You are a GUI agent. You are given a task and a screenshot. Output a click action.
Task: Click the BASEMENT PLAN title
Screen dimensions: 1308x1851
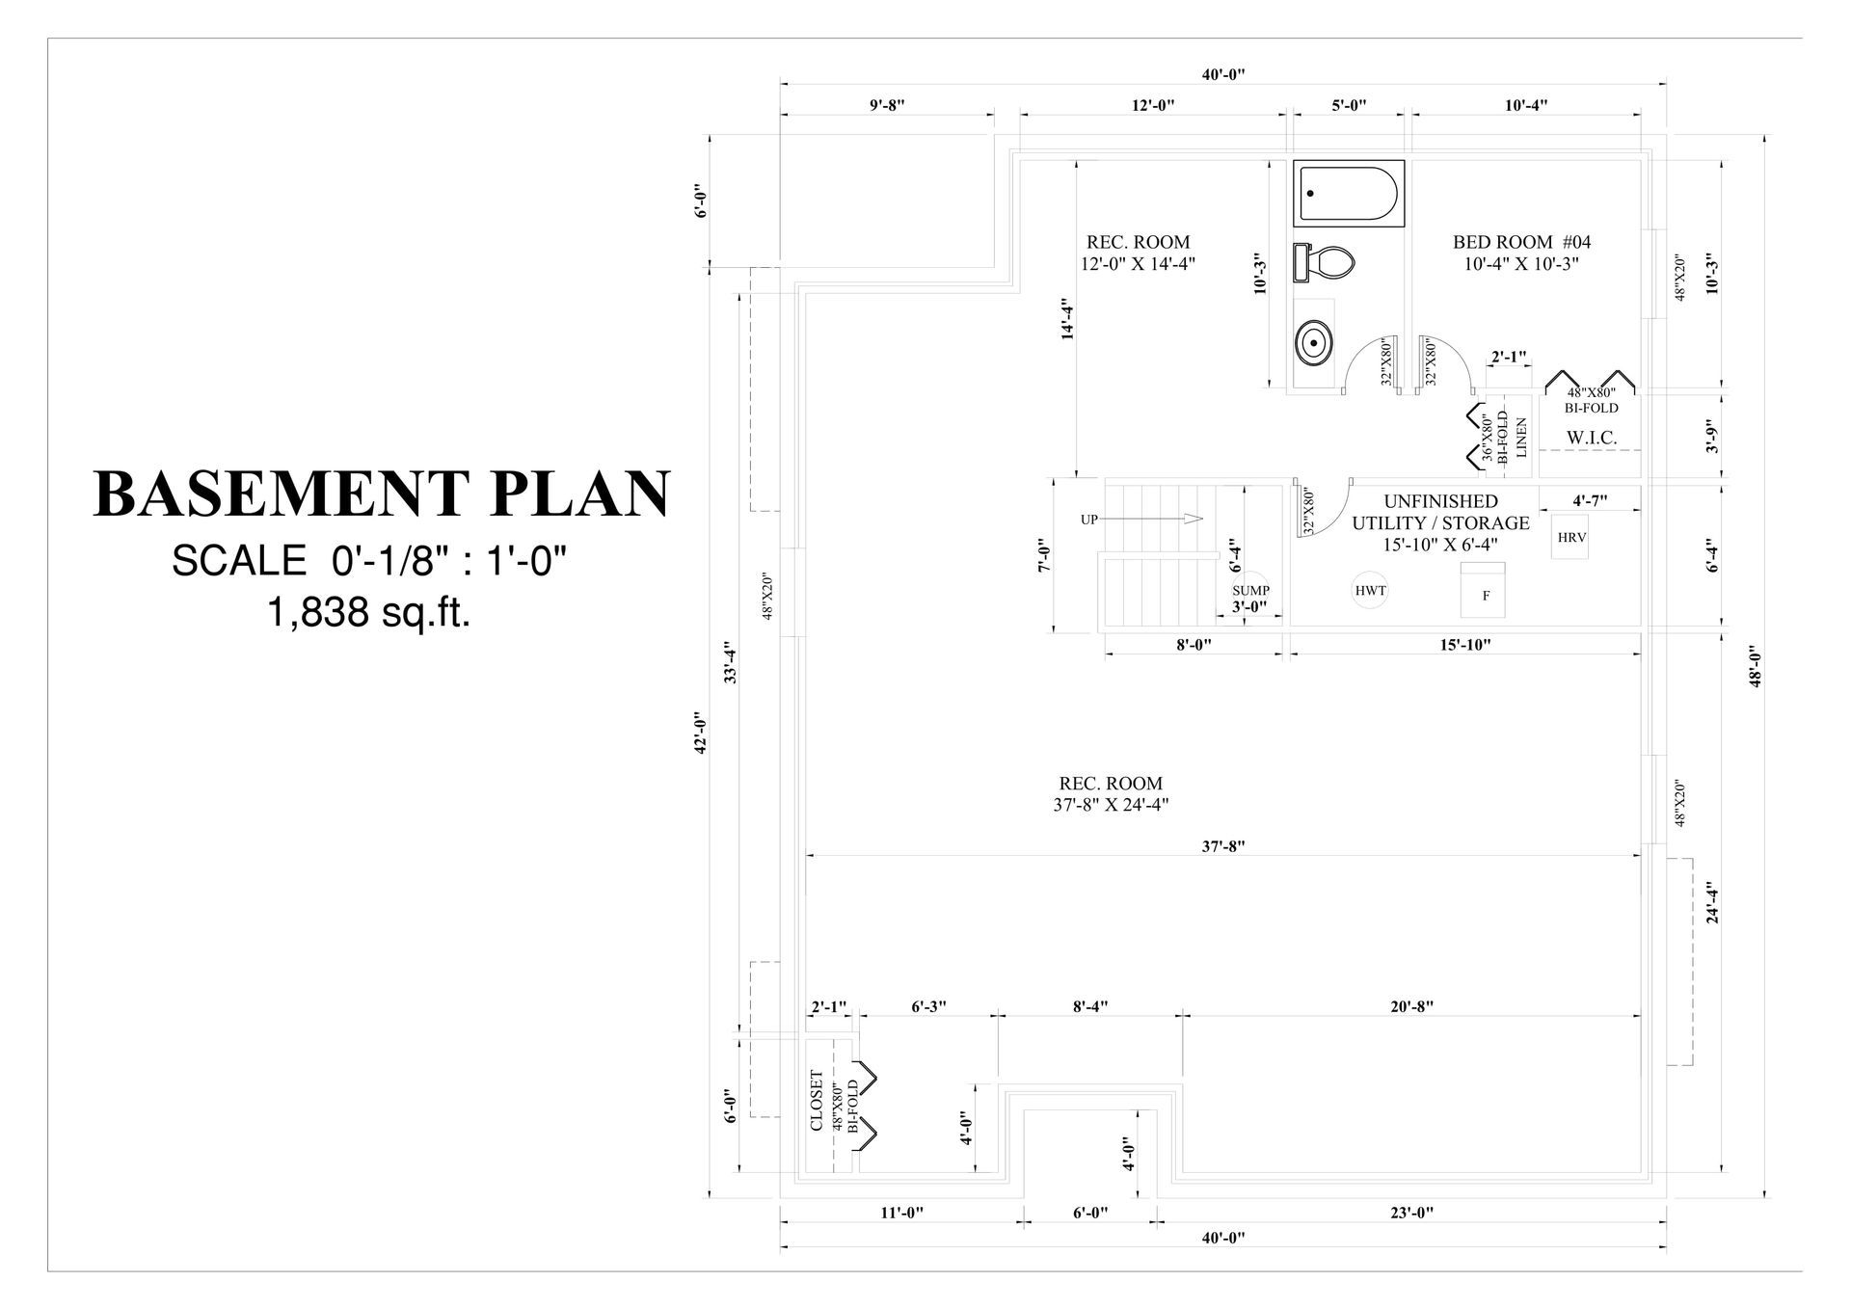[382, 494]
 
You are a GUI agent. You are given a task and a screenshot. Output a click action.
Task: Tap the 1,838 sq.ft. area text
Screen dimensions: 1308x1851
[368, 611]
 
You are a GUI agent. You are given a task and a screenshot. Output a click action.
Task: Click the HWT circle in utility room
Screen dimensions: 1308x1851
[1370, 590]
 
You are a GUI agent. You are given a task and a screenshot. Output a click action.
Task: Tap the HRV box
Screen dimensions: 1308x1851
[1571, 538]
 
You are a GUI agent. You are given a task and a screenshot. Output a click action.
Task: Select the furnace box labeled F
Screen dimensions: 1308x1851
[1486, 590]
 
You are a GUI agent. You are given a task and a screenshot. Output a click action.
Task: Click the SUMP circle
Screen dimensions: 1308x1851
[1250, 589]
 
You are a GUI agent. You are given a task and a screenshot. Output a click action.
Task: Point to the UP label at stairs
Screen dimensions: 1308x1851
[1089, 520]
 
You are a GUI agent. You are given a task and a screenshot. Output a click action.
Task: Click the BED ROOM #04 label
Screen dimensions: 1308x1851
[1521, 242]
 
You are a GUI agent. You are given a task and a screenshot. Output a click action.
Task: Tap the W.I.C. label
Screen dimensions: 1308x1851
[1591, 438]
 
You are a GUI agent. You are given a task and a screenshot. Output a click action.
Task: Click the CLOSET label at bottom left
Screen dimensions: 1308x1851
[817, 1101]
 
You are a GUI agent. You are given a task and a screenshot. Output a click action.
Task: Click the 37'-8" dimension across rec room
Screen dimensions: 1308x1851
[1223, 846]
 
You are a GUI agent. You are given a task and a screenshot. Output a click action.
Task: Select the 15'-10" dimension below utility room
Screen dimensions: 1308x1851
[1464, 644]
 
